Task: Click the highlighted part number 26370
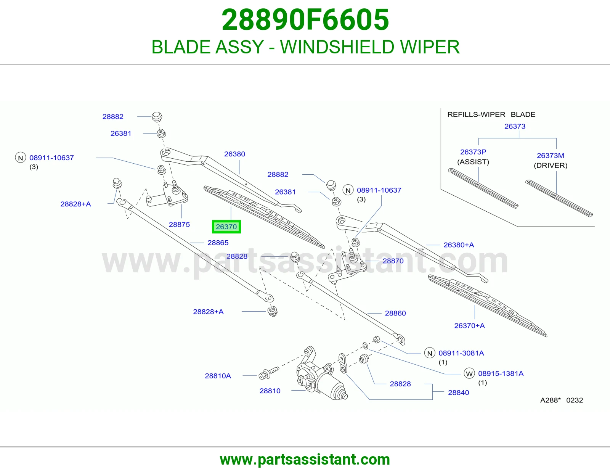click(226, 227)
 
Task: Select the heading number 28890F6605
click(305, 20)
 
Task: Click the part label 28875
click(179, 224)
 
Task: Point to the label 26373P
click(473, 152)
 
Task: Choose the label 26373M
click(550, 156)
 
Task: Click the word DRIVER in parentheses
click(551, 166)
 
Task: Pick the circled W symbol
click(469, 373)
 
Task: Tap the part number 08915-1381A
click(501, 373)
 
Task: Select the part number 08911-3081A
click(461, 353)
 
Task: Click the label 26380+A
click(459, 245)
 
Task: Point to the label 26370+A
click(469, 326)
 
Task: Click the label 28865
click(218, 243)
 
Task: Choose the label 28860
click(395, 313)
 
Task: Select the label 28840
click(458, 393)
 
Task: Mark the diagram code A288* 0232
click(562, 400)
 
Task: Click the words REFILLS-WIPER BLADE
click(491, 114)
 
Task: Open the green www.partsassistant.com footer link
click(305, 460)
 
